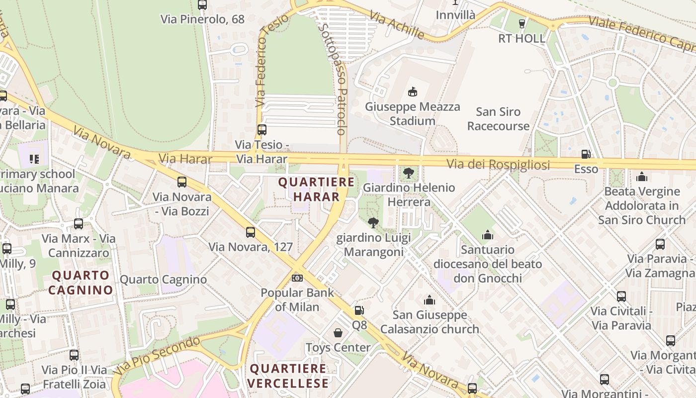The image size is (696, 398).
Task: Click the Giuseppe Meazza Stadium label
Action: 413,114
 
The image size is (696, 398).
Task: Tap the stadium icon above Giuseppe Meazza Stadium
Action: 412,92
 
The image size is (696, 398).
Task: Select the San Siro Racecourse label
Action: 498,119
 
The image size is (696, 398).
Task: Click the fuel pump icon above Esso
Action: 586,154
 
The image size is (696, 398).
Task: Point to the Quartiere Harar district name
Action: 316,189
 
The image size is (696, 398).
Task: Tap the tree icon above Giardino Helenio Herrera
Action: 409,173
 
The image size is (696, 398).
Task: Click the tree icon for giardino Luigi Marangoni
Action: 373,222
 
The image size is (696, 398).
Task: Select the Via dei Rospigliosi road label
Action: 498,165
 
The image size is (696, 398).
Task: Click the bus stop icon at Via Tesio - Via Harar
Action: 262,130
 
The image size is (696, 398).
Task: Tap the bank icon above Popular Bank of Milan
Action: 297,278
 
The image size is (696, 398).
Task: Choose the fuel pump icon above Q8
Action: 359,310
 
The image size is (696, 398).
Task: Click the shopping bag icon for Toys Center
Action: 338,332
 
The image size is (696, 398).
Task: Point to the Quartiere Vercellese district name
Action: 288,376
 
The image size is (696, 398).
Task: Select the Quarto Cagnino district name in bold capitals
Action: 81,283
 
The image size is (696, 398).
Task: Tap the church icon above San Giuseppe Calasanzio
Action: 430,300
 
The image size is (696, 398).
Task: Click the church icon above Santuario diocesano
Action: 488,234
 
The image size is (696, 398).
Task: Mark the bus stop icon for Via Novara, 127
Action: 251,232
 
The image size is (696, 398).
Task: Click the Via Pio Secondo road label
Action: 157,356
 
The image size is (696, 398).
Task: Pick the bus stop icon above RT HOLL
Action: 522,23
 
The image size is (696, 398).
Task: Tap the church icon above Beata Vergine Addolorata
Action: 642,177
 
